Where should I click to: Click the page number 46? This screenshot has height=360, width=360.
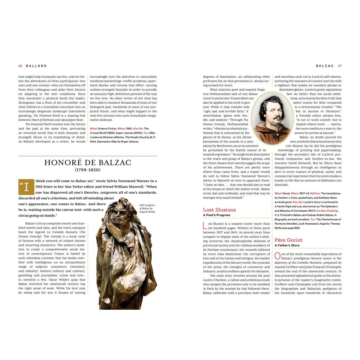(x=20, y=66)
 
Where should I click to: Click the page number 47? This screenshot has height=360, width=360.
(x=340, y=66)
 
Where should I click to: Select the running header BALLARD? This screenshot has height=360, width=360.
(x=36, y=66)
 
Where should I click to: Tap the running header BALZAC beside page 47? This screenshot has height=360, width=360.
(x=325, y=66)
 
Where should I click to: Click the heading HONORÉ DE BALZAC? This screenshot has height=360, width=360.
(x=88, y=162)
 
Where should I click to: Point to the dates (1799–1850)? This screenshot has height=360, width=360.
(x=88, y=170)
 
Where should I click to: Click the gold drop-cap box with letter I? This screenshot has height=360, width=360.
(x=26, y=187)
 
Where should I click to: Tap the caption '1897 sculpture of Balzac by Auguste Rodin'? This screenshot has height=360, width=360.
(x=147, y=208)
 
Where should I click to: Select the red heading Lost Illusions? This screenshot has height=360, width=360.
(x=219, y=210)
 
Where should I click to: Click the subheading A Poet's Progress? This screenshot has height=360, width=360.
(x=217, y=215)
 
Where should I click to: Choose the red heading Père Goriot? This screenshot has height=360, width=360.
(x=288, y=240)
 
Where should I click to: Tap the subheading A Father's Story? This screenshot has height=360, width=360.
(x=287, y=245)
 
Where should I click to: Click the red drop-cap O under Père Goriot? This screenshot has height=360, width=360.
(x=277, y=256)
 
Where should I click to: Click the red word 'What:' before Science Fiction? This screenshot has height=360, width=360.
(x=94, y=129)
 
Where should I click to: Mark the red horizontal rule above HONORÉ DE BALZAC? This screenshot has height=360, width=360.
(x=88, y=156)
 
